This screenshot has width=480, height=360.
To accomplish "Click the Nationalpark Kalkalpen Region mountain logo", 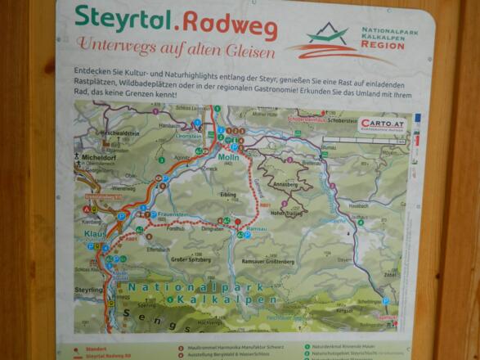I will coord(327,36).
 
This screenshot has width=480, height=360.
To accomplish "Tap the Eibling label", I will coord(229,195).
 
